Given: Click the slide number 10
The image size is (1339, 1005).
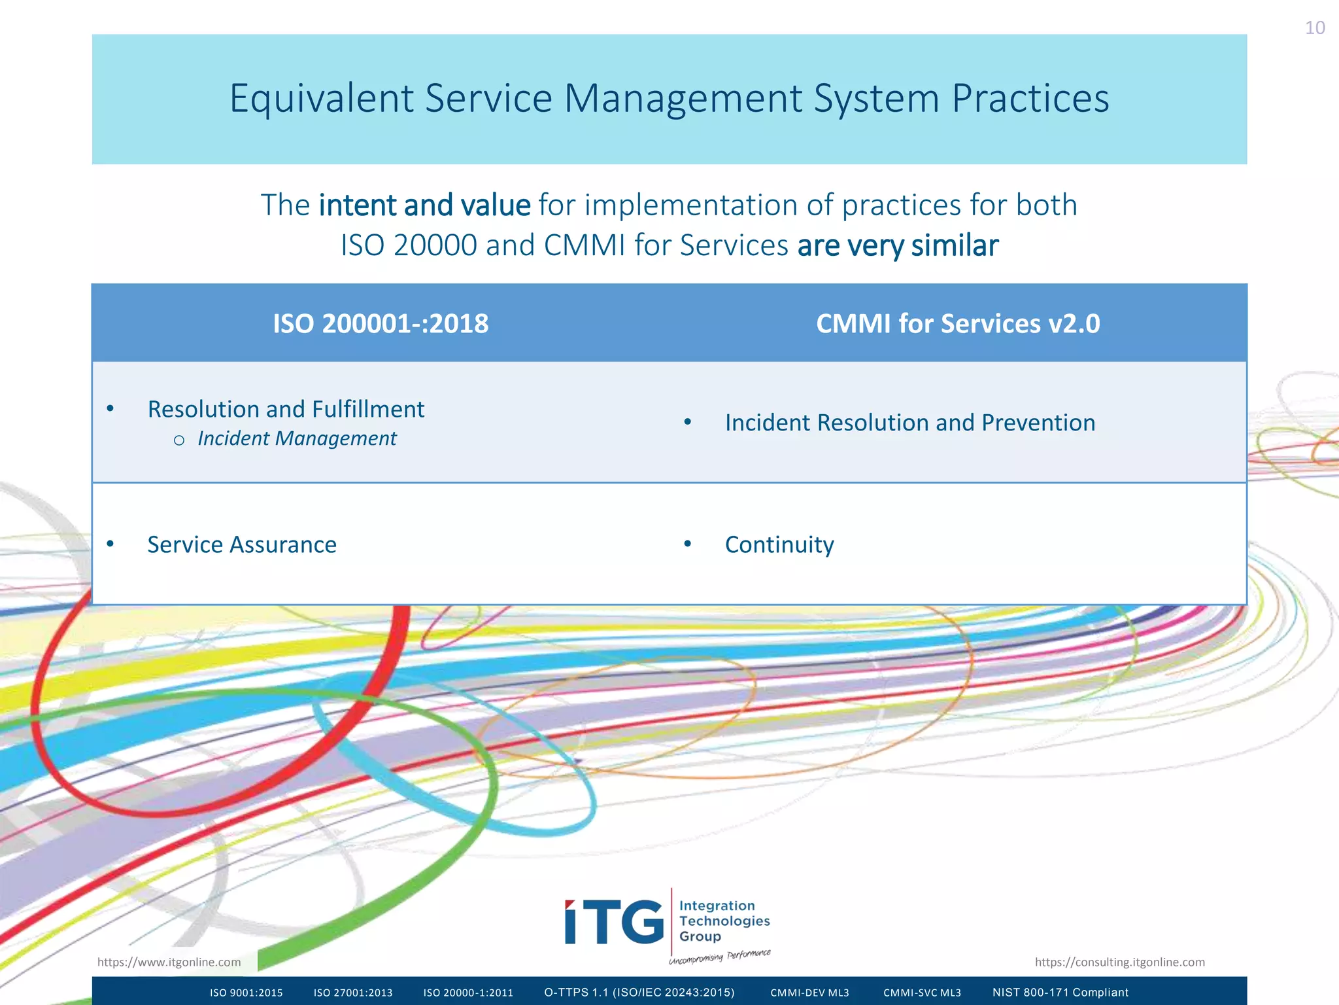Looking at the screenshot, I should point(1314,28).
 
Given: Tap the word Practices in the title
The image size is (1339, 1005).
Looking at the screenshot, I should point(1030,99).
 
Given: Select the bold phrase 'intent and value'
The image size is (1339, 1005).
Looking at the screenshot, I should point(424,205).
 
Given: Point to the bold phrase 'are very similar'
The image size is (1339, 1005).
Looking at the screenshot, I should point(898,246).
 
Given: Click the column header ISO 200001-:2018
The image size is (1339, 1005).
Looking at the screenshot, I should point(381,324).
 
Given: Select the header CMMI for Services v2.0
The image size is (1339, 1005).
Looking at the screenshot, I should point(958,324).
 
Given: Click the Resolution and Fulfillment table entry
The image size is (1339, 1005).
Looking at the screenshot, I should point(286,410).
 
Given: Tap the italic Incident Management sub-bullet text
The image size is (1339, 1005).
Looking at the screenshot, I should point(297,438).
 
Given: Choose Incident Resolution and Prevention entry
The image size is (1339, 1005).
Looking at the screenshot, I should point(909,423).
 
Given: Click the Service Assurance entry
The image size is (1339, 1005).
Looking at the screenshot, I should point(242,544).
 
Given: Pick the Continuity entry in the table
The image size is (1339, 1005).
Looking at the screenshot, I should point(779,544).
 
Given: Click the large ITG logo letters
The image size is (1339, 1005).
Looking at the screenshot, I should point(614,922).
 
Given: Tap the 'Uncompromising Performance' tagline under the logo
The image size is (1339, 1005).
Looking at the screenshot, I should point(719,957).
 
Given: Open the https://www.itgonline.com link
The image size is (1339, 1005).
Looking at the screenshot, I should point(169,962).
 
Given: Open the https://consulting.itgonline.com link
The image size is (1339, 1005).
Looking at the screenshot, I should point(1119,962).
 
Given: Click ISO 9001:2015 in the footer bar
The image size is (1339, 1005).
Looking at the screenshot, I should point(246,993).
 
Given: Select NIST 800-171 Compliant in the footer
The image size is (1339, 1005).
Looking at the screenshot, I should point(1060,993).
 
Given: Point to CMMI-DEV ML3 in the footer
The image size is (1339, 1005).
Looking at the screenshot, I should point(809,993).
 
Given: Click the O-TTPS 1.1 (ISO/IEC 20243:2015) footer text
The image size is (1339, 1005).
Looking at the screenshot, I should point(639,993).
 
